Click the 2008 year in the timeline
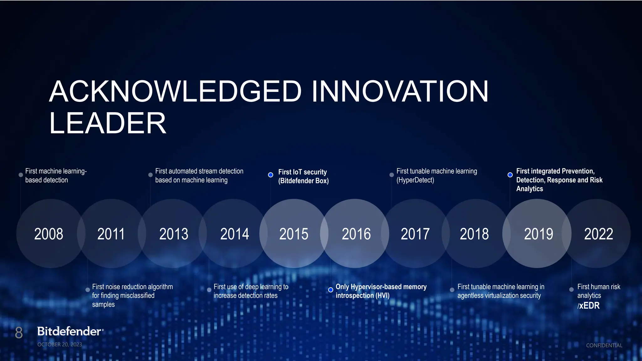(x=49, y=234)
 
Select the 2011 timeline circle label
(x=111, y=234)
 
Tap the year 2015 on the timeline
(x=294, y=234)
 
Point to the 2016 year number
(x=356, y=234)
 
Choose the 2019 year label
(x=539, y=234)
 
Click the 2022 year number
(x=598, y=234)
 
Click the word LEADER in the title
(x=108, y=123)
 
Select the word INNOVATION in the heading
(x=400, y=91)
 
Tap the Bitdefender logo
(x=70, y=331)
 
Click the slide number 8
(x=19, y=332)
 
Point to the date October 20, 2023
(x=60, y=344)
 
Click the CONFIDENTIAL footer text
(x=604, y=345)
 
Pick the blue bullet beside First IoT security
(x=271, y=175)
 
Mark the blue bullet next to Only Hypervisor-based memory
(x=330, y=290)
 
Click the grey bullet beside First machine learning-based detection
(x=21, y=175)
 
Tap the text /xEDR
(x=588, y=306)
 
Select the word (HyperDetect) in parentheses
(x=415, y=180)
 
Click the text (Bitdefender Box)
(x=303, y=181)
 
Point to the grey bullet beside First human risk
(x=571, y=290)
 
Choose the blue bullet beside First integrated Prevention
(x=510, y=175)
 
